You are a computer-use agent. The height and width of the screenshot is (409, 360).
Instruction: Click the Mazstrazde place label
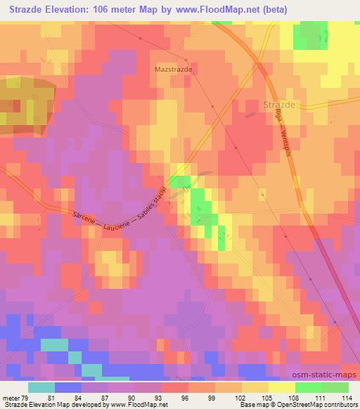[x=173, y=70]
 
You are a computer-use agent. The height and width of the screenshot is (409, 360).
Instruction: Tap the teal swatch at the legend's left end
[x=41, y=387]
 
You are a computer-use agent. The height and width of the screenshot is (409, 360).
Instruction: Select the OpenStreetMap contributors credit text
[x=321, y=405]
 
